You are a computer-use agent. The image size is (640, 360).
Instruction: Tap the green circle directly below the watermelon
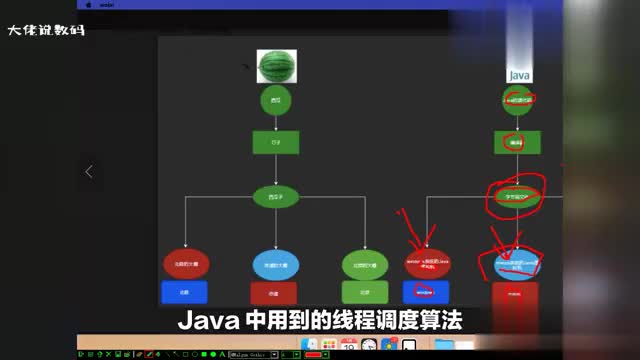(269, 101)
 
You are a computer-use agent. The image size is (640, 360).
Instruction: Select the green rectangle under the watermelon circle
(269, 141)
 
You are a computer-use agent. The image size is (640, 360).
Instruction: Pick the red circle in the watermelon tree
(185, 263)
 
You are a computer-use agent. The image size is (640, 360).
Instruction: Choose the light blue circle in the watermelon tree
(273, 264)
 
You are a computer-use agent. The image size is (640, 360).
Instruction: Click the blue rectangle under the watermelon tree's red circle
(184, 292)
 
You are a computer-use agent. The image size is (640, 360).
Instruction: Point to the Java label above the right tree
(519, 75)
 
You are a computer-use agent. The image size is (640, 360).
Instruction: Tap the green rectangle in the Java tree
(519, 143)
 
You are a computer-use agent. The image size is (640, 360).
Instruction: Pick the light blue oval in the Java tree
(517, 262)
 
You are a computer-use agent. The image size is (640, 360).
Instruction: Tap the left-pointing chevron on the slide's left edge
(89, 171)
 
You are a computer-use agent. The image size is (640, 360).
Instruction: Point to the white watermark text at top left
(46, 29)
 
